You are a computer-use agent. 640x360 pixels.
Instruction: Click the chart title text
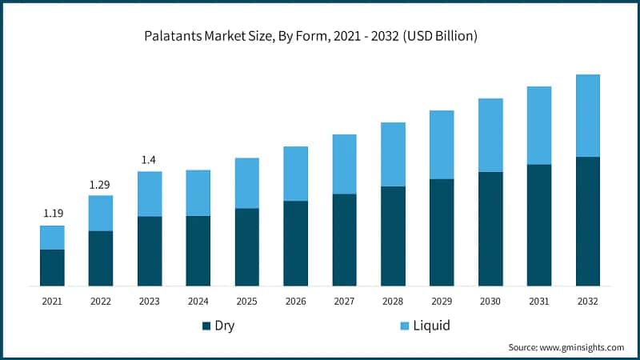pos(310,37)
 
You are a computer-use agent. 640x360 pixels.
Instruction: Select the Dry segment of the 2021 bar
pos(52,267)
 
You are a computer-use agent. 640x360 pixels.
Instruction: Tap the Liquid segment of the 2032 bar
pos(588,115)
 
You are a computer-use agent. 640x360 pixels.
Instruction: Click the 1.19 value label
pos(52,214)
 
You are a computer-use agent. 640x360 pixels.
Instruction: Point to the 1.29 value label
pos(100,185)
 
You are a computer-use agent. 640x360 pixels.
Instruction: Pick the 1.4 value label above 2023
pos(149,160)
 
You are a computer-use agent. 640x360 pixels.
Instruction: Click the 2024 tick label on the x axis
pos(198,301)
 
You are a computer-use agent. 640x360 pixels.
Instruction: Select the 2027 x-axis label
pos(344,301)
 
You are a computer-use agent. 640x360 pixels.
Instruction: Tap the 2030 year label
pos(490,301)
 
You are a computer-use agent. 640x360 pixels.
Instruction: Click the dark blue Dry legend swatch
pos(207,326)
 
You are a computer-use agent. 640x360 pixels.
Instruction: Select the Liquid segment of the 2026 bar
pos(295,174)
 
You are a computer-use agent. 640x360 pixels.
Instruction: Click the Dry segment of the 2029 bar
pos(442,232)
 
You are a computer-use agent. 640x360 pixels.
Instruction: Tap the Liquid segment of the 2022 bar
pos(100,213)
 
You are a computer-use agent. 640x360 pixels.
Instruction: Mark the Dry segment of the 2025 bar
pos(246,246)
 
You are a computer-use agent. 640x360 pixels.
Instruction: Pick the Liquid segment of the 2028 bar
pos(393,154)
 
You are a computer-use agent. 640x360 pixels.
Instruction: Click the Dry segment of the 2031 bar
pos(539,225)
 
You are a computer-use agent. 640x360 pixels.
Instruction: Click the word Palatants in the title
pos(172,37)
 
